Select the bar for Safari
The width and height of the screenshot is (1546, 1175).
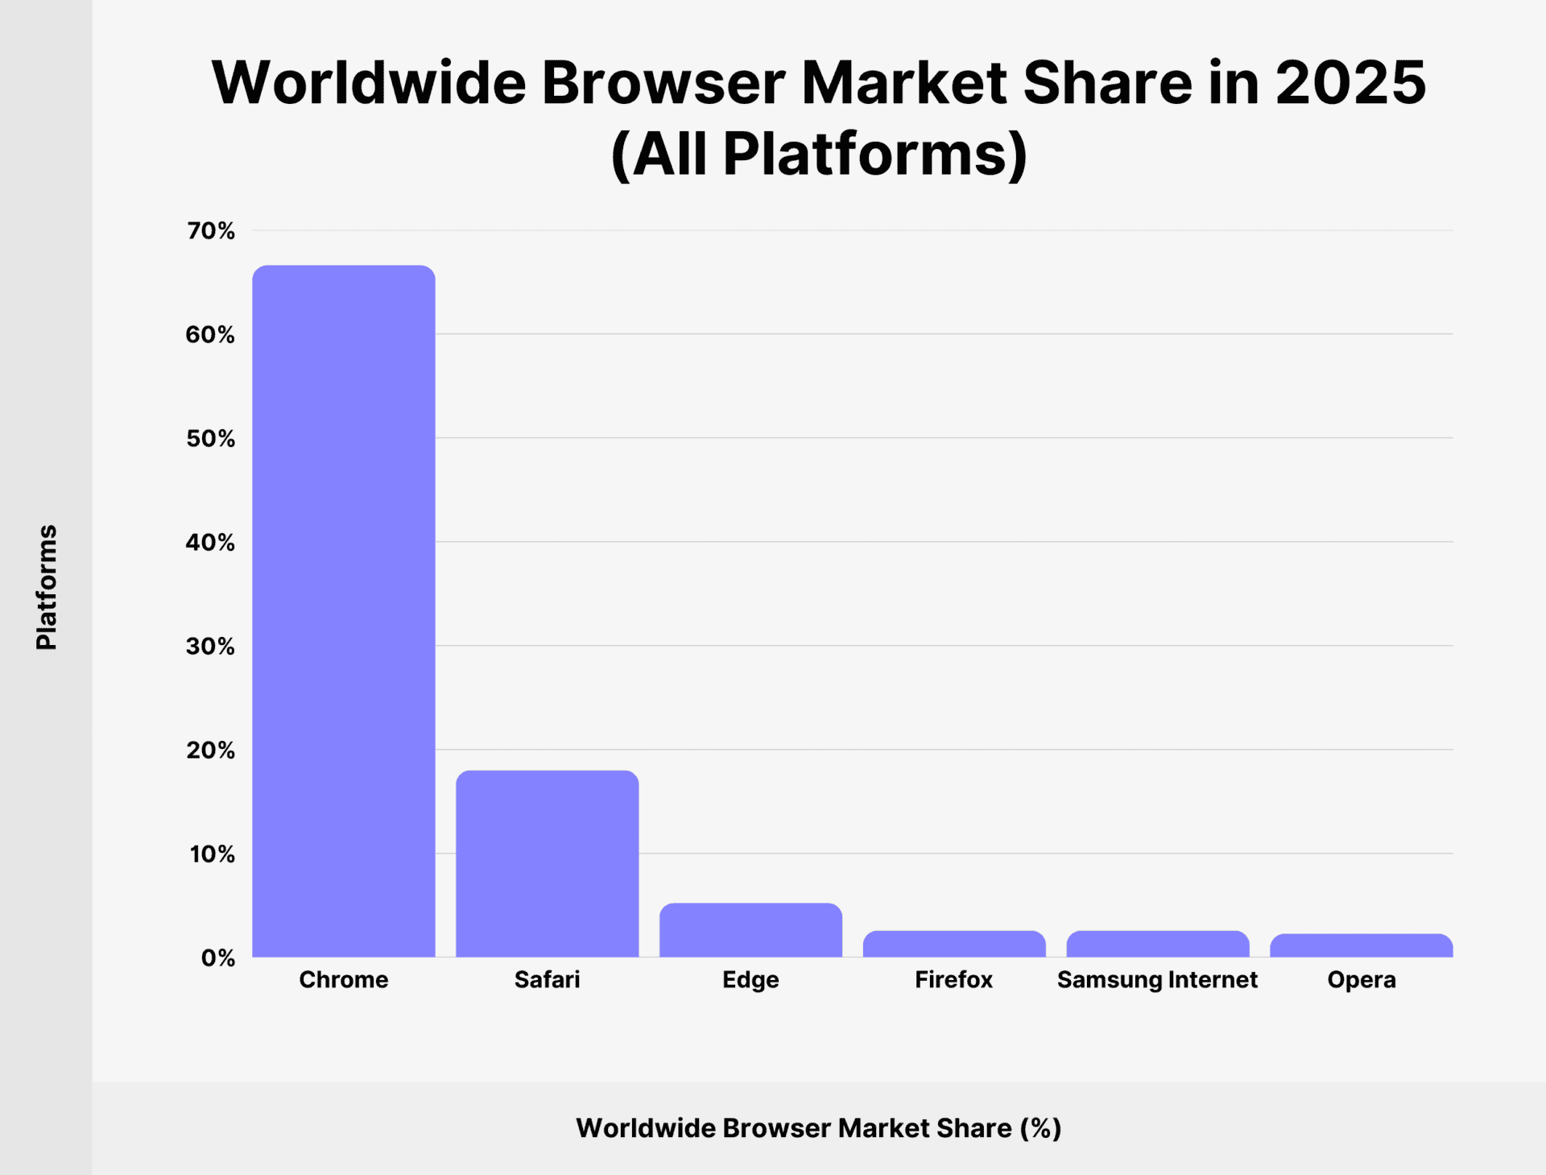click(x=547, y=863)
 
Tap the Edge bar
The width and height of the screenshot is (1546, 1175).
click(x=750, y=930)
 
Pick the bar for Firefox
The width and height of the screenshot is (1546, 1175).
click(x=954, y=944)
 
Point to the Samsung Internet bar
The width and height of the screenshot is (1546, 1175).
click(x=1157, y=944)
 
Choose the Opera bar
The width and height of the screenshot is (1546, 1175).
click(x=1361, y=945)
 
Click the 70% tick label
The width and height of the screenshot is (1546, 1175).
click(x=211, y=231)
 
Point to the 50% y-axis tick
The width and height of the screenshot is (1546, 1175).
click(x=211, y=439)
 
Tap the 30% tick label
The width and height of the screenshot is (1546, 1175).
click(x=211, y=647)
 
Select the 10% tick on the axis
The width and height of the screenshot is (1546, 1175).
click(x=213, y=854)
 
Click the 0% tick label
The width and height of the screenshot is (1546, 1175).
click(x=217, y=958)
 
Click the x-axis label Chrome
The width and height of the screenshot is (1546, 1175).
click(x=344, y=980)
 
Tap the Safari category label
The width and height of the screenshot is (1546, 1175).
click(x=547, y=980)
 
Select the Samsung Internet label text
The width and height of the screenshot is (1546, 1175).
click(x=1157, y=980)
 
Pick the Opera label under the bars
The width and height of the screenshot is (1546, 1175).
click(x=1361, y=980)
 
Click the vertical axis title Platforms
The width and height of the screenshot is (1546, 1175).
click(x=47, y=587)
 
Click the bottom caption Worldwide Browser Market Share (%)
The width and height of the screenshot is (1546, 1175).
click(x=818, y=1128)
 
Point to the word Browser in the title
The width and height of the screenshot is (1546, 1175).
click(x=663, y=83)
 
